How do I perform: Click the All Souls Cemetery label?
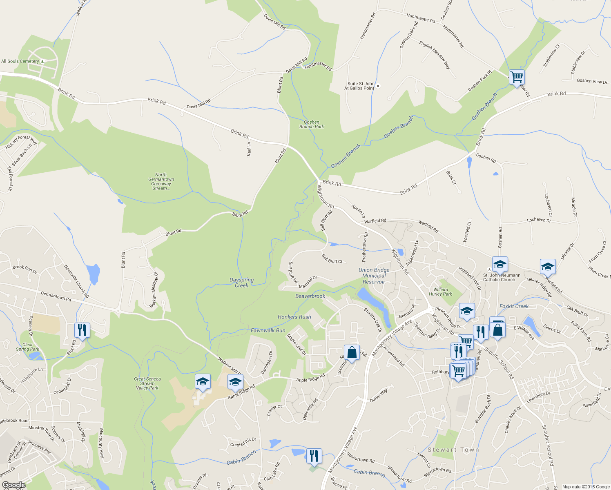[20, 61]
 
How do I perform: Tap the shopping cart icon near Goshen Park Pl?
[517, 76]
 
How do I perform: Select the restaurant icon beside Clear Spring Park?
[82, 330]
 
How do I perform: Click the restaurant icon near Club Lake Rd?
[314, 455]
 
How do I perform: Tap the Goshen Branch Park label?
[312, 124]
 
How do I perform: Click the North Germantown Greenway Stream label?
[161, 181]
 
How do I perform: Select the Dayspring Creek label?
[241, 283]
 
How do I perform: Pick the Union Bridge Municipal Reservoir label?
[374, 276]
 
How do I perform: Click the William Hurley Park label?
[441, 292]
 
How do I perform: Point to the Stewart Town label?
[453, 450]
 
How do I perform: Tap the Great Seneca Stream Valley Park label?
[147, 383]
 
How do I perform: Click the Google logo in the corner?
[13, 485]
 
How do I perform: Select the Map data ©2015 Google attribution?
[586, 487]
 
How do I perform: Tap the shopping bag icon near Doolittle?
[352, 352]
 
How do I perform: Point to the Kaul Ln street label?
[249, 149]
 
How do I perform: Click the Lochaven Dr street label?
[539, 220]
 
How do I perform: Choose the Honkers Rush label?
[294, 317]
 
